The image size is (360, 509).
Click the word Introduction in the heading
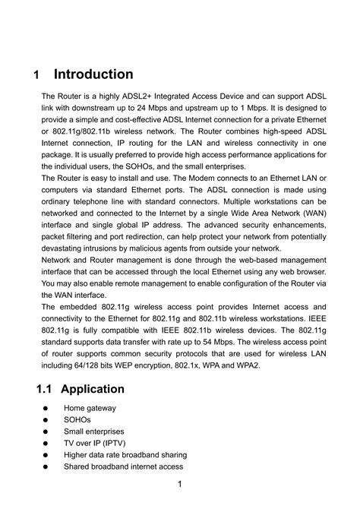pos(93,74)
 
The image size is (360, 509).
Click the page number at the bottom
pos(179,485)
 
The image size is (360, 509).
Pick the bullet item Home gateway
pos(90,408)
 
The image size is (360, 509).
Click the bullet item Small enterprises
pos(95,429)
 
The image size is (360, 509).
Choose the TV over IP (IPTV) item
pos(93,441)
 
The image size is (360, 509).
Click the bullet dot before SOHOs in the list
pos(46,419)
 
